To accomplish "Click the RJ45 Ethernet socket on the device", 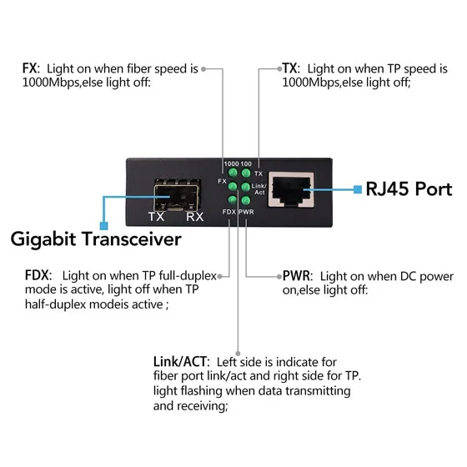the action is [x=291, y=189].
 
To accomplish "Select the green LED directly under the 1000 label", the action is [x=233, y=173].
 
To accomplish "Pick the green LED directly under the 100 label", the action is [x=246, y=173].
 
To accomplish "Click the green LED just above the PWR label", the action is [x=246, y=200].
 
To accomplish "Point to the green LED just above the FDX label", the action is [x=233, y=199].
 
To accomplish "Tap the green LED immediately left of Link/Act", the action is [x=245, y=187].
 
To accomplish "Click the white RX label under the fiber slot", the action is [x=194, y=217].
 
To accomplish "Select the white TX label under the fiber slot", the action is [x=157, y=217].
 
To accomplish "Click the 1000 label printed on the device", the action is [x=232, y=163].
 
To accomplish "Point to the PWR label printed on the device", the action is [x=247, y=212].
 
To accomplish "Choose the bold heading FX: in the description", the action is [x=31, y=68].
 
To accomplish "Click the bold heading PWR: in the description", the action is [x=298, y=276].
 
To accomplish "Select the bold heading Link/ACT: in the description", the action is [x=182, y=362].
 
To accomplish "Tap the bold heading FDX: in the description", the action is [x=38, y=275].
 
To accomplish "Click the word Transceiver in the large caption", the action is [x=132, y=239].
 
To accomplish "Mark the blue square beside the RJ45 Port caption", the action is [x=358, y=189].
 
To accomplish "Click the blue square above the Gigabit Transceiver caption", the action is [x=103, y=225].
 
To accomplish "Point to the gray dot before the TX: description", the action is [x=279, y=68].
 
